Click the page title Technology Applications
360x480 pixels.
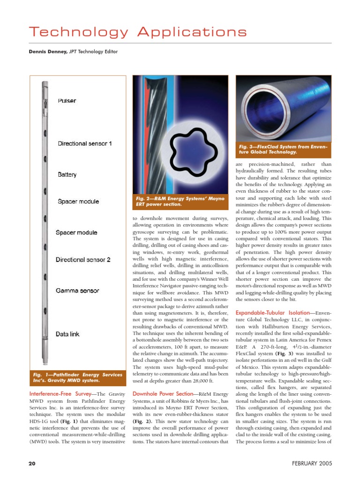point(137,32)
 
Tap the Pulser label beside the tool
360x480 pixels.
point(67,101)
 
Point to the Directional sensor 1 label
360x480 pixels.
point(84,143)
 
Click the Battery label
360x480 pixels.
point(67,174)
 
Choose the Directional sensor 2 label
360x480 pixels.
point(83,259)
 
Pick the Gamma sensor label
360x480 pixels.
point(77,291)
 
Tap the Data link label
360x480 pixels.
point(68,334)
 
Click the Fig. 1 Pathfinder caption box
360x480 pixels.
point(77,378)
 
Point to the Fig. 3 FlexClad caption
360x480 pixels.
point(283,149)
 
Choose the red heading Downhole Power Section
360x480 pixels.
point(162,394)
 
